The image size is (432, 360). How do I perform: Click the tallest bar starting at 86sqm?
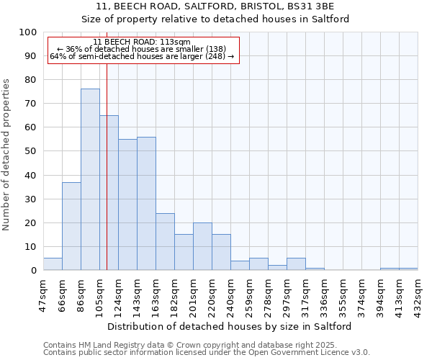(x=90, y=179)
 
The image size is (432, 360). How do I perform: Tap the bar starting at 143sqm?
(x=146, y=204)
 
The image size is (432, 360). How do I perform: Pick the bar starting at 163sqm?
(x=165, y=242)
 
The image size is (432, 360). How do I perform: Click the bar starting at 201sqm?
(x=202, y=246)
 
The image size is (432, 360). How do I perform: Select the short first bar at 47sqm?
(x=53, y=264)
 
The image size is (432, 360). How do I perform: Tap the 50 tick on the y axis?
(x=31, y=151)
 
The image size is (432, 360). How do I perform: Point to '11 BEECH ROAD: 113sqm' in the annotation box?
(x=142, y=42)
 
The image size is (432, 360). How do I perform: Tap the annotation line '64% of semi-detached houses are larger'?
(x=142, y=56)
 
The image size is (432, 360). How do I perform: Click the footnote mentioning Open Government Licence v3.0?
(x=207, y=353)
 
